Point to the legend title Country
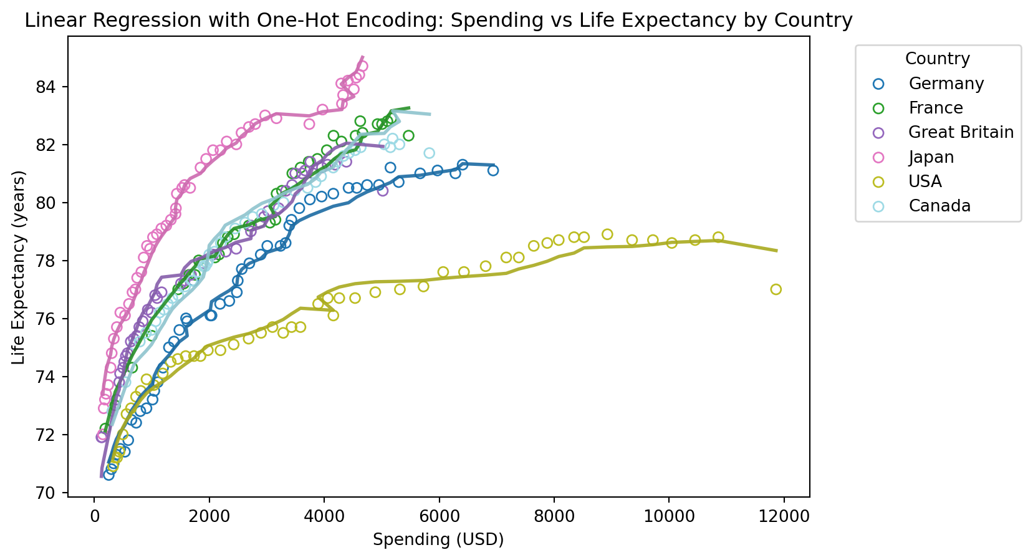[x=937, y=59]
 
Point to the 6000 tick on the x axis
[x=439, y=517]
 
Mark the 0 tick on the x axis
[x=94, y=517]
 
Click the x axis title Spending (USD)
[x=438, y=539]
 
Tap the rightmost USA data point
[x=776, y=289]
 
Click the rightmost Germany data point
[x=493, y=170]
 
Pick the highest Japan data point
[x=362, y=66]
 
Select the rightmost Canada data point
[x=429, y=153]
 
